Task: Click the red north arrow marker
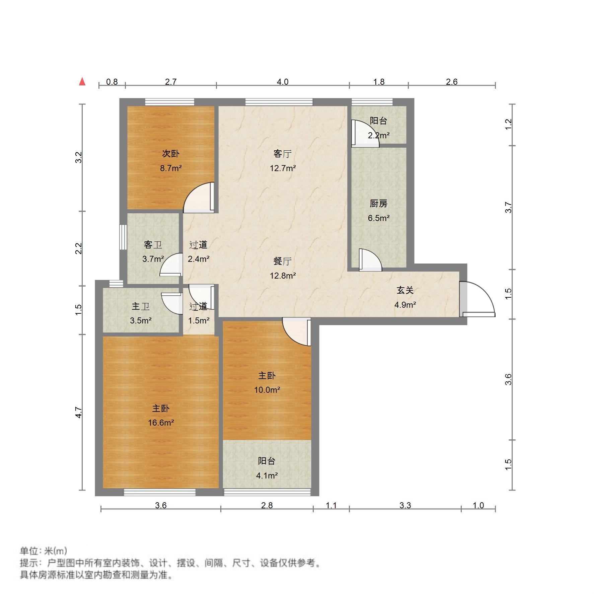(82, 81)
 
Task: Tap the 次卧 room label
(171, 154)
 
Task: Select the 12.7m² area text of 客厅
(283, 168)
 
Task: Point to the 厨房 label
(378, 203)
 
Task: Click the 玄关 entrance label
(405, 290)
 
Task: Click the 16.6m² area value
(161, 423)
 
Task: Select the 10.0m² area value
(267, 390)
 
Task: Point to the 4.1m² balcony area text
(267, 475)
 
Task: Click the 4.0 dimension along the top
(282, 82)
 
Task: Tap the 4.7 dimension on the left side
(78, 412)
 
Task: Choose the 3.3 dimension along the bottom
(405, 505)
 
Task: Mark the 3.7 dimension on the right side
(508, 208)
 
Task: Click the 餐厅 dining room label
(283, 261)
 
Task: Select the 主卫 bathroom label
(141, 306)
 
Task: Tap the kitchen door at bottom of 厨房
(370, 261)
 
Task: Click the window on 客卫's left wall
(123, 237)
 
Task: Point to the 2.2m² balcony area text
(378, 135)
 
